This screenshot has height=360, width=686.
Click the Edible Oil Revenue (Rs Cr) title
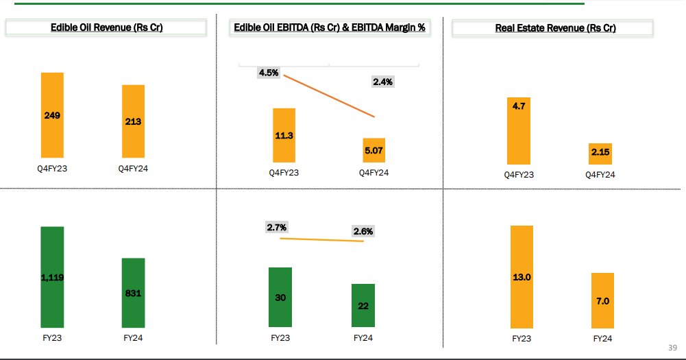click(106, 28)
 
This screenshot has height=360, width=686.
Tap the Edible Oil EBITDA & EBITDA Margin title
click(330, 28)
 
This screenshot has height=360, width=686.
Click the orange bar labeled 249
click(52, 115)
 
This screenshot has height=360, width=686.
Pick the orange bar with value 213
click(133, 121)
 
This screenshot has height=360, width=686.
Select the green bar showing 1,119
click(52, 277)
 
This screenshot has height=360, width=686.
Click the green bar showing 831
click(133, 293)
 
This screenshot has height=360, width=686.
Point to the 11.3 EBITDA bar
click(284, 135)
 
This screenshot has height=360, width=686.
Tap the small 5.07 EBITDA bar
click(374, 149)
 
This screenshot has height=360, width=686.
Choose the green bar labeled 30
click(280, 297)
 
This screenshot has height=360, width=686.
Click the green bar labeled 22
click(363, 305)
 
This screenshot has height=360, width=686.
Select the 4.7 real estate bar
click(519, 130)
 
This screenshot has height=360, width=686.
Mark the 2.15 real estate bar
click(600, 154)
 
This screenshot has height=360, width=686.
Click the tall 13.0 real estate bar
click(522, 276)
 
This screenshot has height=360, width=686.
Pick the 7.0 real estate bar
click(602, 300)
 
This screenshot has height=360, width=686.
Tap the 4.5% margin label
click(269, 73)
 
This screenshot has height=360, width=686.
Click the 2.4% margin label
click(382, 82)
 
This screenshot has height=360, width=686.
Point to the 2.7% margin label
click(277, 227)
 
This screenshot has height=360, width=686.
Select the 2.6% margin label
click(363, 231)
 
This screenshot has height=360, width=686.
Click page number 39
click(672, 348)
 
